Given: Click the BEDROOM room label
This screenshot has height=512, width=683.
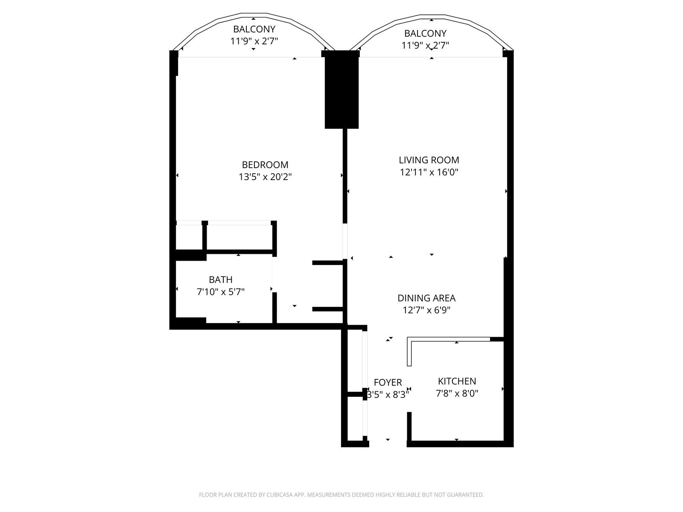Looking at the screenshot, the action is click(265, 164).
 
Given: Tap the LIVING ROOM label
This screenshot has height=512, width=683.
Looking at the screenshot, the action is click(429, 160).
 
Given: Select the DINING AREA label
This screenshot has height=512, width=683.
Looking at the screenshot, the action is click(426, 298).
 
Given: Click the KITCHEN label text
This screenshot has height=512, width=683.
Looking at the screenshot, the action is click(457, 381).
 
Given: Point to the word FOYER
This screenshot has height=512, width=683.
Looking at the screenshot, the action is click(388, 382).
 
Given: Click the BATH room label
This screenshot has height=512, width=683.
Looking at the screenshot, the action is click(221, 279).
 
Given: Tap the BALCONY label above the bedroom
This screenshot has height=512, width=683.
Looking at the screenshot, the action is click(254, 29).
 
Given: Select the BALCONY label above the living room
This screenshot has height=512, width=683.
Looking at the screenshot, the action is click(425, 33).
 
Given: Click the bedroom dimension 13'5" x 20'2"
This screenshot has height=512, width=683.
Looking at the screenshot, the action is click(265, 177).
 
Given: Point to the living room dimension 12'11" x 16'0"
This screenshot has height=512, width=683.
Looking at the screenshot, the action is click(429, 172).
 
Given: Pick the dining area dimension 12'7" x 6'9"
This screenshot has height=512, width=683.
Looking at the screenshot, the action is click(426, 310).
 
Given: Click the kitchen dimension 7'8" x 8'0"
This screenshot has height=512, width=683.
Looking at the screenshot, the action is click(457, 393).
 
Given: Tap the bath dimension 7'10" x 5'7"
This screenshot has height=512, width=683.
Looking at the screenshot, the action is click(221, 291).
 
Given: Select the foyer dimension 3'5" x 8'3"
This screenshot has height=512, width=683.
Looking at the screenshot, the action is click(388, 395).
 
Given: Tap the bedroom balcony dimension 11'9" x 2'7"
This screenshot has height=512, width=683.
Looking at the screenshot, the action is click(254, 41).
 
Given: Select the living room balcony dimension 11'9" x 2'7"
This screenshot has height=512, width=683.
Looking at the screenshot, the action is click(425, 45).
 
